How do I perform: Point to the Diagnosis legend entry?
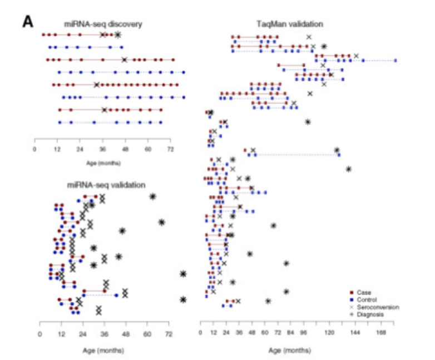point(371,314)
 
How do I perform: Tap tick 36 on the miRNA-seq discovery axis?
point(102,150)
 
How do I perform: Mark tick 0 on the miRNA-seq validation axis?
point(39,335)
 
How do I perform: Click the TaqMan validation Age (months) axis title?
point(290,351)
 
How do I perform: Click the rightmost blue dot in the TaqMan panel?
point(396,60)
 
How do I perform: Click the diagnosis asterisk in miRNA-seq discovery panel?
point(117,34)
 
